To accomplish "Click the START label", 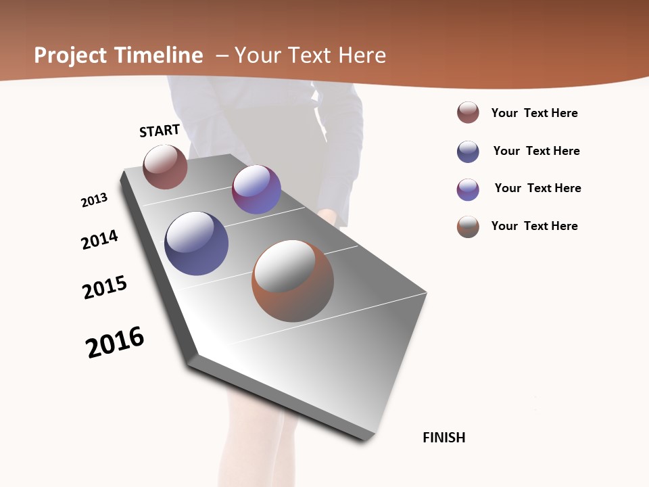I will [160, 131].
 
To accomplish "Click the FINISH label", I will [443, 438].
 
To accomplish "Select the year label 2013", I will [94, 200].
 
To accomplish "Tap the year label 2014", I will [99, 239].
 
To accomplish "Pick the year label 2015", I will [105, 287].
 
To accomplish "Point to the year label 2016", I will [115, 342].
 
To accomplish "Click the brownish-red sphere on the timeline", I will [165, 167].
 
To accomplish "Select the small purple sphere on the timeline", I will [256, 189].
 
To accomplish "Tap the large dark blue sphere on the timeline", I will [196, 243].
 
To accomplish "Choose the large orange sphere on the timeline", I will [293, 281].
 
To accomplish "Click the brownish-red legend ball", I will [468, 113].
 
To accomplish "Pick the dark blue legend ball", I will [468, 152].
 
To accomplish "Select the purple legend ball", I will [468, 189].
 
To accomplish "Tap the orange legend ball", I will [468, 227].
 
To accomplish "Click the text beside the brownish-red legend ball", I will [534, 113].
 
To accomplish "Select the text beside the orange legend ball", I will [534, 226].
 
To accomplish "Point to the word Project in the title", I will [71, 55].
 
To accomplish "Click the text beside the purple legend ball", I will [537, 188].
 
